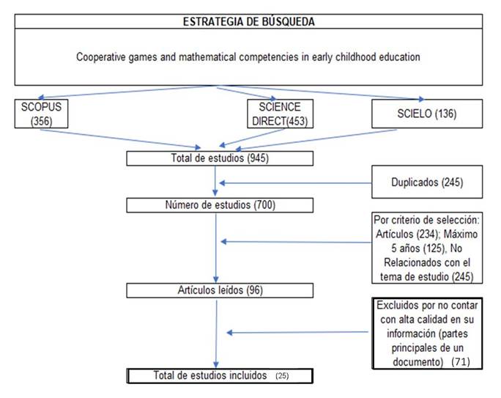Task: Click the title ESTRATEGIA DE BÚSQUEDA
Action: click(248, 22)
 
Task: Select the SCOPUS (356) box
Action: click(41, 114)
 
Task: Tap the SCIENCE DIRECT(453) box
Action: click(281, 114)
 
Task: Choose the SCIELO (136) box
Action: click(427, 114)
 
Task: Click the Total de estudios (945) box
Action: click(220, 158)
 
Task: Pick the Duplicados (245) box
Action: click(427, 182)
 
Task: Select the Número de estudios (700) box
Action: click(220, 205)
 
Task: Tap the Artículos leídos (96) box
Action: click(220, 290)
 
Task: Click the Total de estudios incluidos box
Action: click(220, 376)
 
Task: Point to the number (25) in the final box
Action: click(282, 375)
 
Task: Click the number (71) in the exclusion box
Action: click(461, 362)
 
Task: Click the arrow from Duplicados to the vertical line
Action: click(296, 183)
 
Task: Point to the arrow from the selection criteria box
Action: click(296, 242)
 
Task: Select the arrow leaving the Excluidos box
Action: click(297, 333)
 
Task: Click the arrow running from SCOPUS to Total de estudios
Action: click(120, 139)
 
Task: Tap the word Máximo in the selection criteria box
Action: click(461, 234)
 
